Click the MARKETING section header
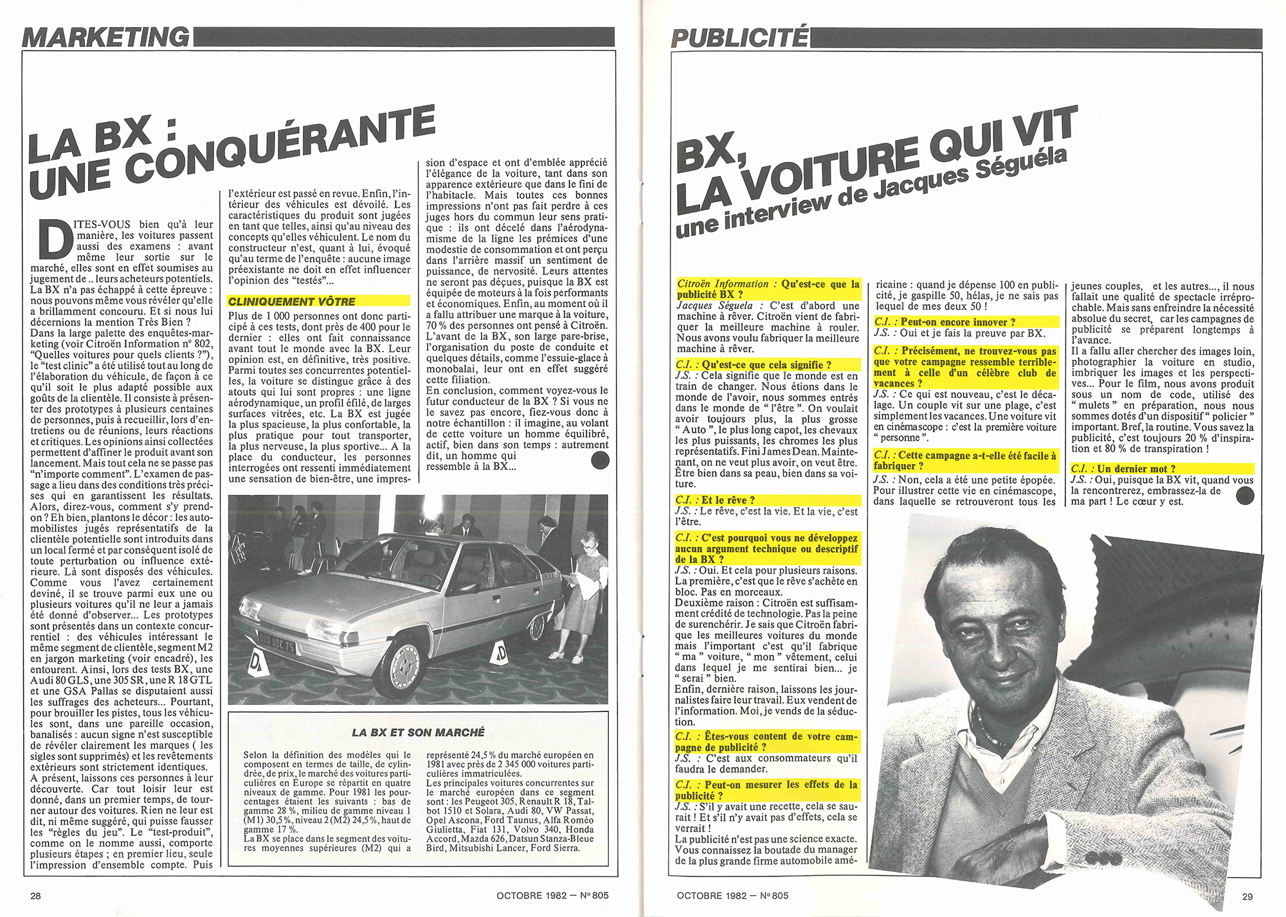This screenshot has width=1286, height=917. [x=106, y=37]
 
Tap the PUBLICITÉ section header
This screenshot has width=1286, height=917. [x=739, y=38]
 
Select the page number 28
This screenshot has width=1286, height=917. [x=36, y=896]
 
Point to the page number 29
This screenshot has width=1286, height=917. [x=1247, y=896]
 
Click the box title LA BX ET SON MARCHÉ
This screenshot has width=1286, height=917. [x=418, y=732]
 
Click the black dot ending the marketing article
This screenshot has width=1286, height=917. [x=599, y=459]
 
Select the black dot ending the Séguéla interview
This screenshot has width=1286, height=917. [x=1245, y=494]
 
